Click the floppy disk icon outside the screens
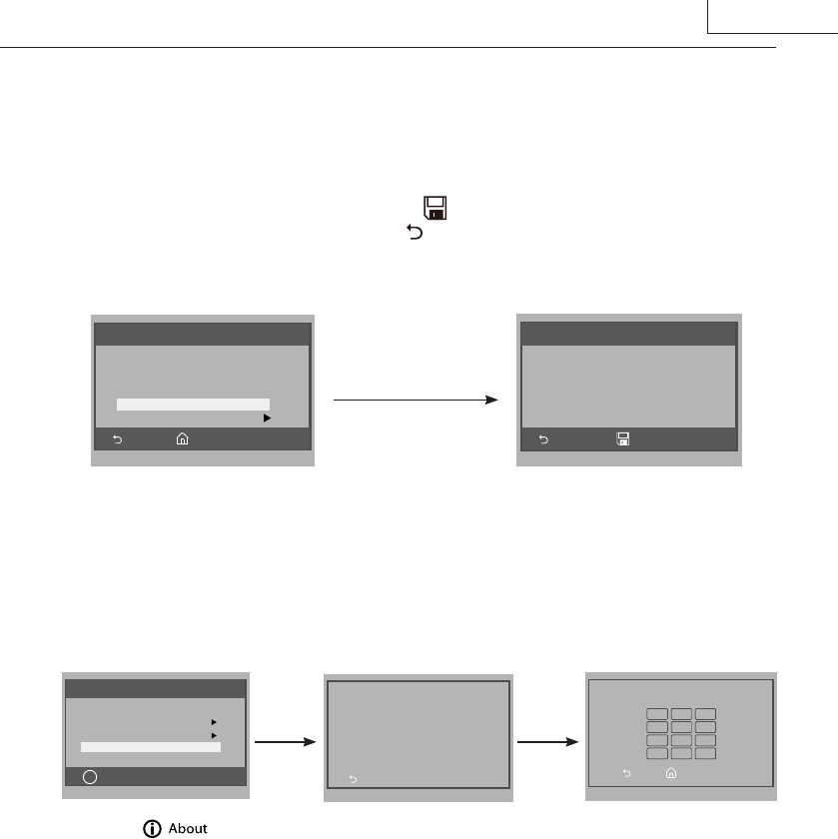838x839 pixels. (434, 209)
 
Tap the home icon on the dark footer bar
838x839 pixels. (182, 438)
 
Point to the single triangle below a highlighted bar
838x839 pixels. (267, 419)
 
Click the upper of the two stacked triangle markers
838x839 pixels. (214, 720)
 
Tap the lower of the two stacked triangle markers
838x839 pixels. (214, 734)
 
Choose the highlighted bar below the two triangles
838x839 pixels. (150, 746)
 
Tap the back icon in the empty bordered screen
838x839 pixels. (352, 779)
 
